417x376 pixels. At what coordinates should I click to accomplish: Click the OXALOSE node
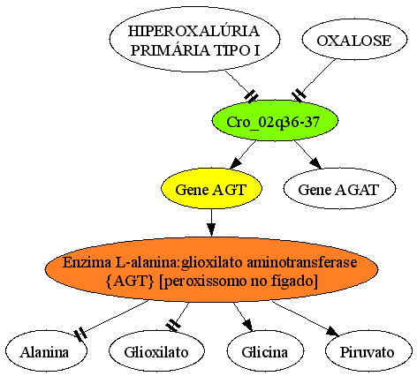pyautogui.click(x=354, y=40)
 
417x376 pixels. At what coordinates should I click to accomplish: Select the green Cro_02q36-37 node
pyautogui.click(x=275, y=121)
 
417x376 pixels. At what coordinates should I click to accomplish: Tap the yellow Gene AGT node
pyautogui.click(x=211, y=189)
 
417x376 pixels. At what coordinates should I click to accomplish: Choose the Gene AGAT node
pyautogui.click(x=339, y=189)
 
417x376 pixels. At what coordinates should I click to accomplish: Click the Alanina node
pyautogui.click(x=46, y=351)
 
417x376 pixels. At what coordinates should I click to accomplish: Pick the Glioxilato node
pyautogui.click(x=156, y=351)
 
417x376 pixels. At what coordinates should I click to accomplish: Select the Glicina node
pyautogui.click(x=265, y=351)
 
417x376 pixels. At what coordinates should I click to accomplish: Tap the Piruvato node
pyautogui.click(x=368, y=351)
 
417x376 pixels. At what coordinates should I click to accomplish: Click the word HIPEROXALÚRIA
pyautogui.click(x=194, y=31)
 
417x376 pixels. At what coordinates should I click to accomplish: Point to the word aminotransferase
pyautogui.click(x=302, y=262)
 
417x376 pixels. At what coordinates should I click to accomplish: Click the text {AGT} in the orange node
pyautogui.click(x=130, y=282)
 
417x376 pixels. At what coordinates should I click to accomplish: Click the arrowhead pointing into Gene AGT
pyautogui.click(x=236, y=163)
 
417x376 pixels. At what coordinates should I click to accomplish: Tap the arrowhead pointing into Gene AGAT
pyautogui.click(x=315, y=162)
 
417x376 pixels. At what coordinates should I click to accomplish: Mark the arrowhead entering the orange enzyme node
pyautogui.click(x=211, y=230)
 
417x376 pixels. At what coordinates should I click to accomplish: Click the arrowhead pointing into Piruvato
pyautogui.click(x=333, y=331)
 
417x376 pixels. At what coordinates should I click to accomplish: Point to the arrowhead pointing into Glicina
pyautogui.click(x=248, y=326)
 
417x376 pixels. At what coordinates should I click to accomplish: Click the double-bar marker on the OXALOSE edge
pyautogui.click(x=299, y=95)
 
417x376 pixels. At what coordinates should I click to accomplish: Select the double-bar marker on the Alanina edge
pyautogui.click(x=80, y=335)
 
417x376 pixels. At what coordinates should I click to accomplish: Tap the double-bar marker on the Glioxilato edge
pyautogui.click(x=173, y=326)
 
